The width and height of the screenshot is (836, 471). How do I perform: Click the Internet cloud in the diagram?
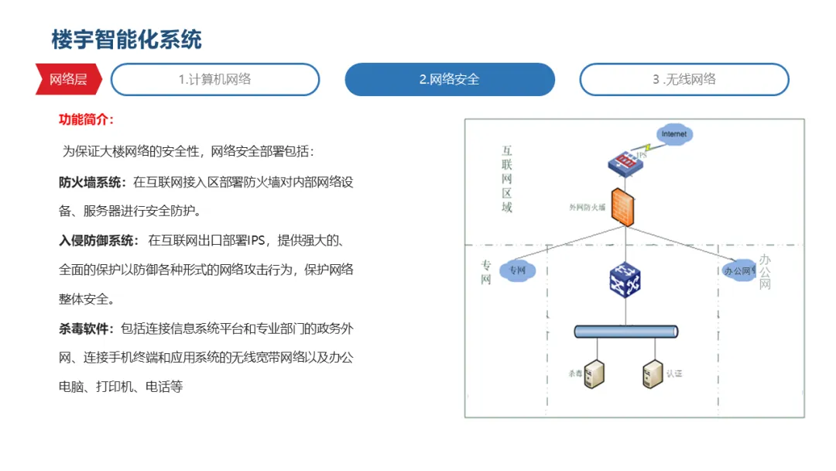coord(673,134)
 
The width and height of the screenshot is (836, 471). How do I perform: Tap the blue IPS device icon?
coord(626,163)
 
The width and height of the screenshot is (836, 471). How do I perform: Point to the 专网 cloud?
coord(517,270)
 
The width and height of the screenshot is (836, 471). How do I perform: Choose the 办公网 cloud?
coord(738,270)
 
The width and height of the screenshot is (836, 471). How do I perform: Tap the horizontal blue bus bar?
coord(626,332)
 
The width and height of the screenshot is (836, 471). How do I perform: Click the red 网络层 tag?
coord(67,79)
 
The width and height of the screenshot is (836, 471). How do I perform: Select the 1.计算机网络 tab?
coord(215,79)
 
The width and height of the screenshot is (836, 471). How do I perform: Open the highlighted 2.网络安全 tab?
coord(450,79)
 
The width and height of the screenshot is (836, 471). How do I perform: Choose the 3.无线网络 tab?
coord(684,79)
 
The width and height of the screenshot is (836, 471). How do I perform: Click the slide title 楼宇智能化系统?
coord(126,40)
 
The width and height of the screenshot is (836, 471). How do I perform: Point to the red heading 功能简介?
coord(87,119)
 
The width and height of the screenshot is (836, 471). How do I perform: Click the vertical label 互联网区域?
coord(507,179)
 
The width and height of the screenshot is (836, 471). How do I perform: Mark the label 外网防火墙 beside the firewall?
coord(587,207)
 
